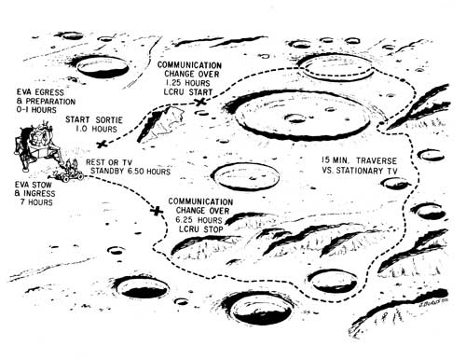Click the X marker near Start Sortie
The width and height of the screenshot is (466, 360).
pos(102,144)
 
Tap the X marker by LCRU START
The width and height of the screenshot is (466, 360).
pos(200,102)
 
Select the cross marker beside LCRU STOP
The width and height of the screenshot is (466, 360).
pos(157,211)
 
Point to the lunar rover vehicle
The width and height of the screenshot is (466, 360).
pos(70,173)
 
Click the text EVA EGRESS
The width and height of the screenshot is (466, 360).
pos(40,92)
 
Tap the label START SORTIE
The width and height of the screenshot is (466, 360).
pos(94,119)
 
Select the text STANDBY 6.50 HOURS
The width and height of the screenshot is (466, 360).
pos(130,172)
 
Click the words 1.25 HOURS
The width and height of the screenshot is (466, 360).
pos(188,83)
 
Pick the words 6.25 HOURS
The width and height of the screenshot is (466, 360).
pos(199,220)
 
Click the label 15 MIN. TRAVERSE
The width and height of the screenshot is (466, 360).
pos(359,160)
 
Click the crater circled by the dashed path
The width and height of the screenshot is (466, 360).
pos(336,67)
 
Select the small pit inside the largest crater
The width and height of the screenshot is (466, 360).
pos(295,118)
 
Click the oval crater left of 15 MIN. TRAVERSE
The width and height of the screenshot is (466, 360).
pos(246,176)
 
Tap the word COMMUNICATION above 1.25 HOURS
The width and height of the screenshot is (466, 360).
pos(189,65)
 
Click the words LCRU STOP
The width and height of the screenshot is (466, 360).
pos(201,229)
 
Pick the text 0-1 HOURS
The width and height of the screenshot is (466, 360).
pos(36,110)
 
